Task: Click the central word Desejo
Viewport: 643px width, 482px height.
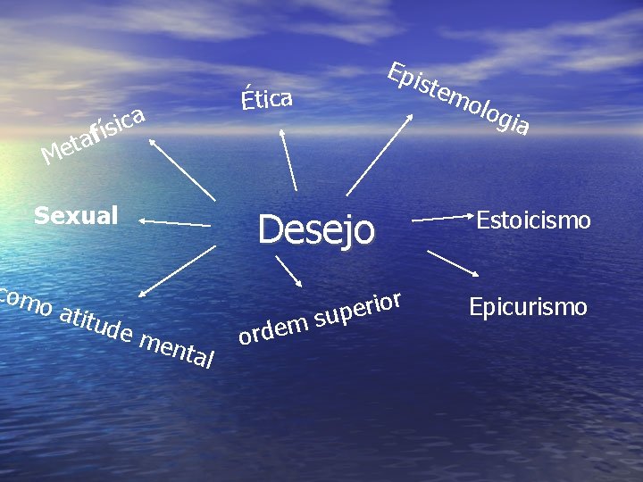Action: coord(316,229)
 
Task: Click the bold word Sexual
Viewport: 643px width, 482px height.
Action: coord(76,215)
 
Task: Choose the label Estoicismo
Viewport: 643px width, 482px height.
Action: coord(533,220)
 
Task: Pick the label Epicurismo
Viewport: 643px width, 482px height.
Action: coord(528,307)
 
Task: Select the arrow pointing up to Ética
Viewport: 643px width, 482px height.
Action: coord(288,160)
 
